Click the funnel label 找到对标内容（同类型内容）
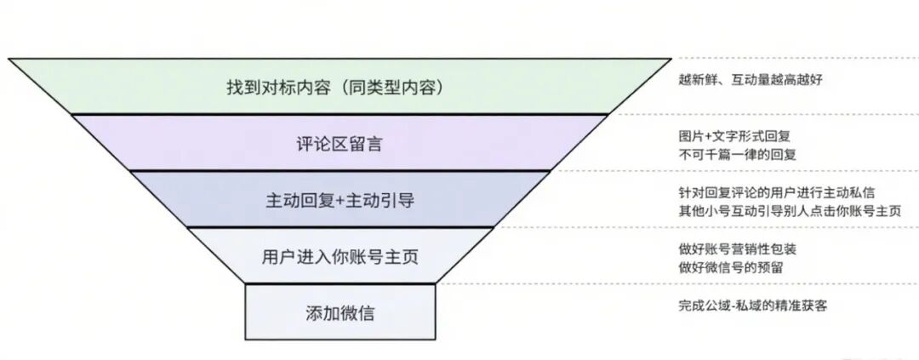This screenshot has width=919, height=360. tap(339, 88)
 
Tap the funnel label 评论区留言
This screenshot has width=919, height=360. tap(339, 144)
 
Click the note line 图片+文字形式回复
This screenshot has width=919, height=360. tap(734, 136)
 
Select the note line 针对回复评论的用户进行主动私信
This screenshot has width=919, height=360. tap(778, 192)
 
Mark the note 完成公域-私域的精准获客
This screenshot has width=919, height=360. tap(752, 306)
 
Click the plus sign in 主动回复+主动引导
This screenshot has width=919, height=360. tap(340, 201)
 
